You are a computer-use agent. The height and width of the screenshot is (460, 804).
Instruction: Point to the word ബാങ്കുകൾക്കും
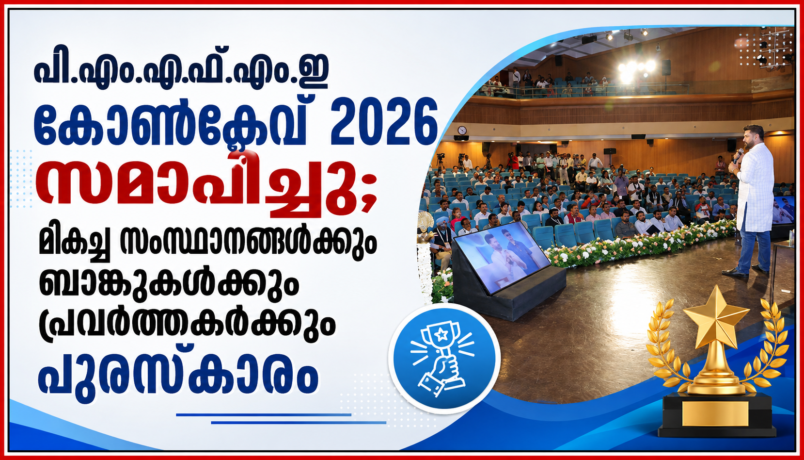169,280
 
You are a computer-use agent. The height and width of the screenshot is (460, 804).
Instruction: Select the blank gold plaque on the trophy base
715,413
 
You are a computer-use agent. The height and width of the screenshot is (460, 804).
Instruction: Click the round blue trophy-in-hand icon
444,358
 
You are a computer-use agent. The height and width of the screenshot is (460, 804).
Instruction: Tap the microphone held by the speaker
738,154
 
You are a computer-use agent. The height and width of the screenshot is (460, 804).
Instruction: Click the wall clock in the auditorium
462,130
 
